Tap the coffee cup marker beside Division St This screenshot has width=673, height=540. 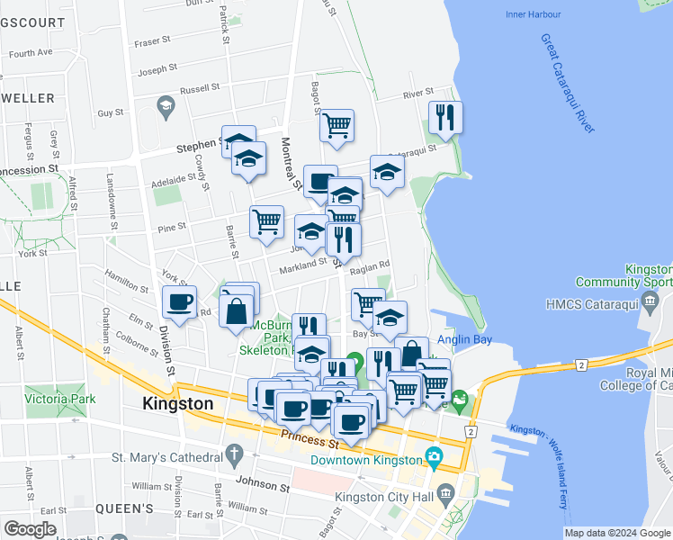179,302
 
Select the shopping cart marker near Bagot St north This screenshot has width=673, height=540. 336,126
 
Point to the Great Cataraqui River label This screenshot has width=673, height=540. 566,83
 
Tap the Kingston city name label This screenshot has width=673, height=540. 178,404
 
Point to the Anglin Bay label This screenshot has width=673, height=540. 462,340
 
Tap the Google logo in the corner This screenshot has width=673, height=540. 30,529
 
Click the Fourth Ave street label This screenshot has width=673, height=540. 31,52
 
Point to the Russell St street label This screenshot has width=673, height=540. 199,89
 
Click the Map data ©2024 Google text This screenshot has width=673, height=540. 617,533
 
